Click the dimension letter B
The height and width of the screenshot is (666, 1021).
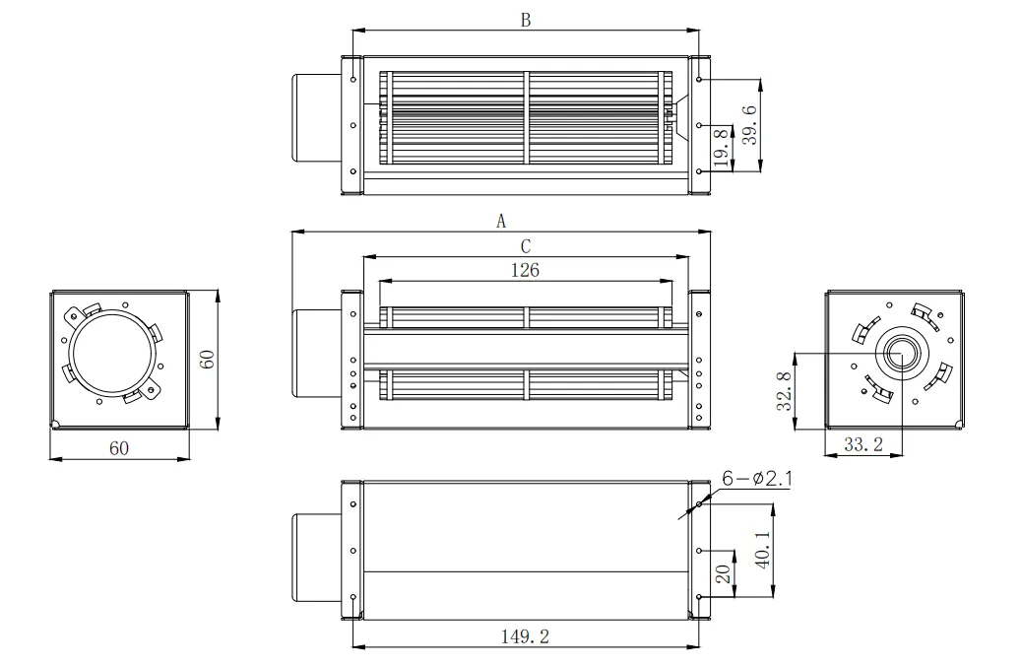point(526,21)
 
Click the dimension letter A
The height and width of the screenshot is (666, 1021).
point(501,222)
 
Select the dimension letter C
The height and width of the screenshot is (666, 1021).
point(526,247)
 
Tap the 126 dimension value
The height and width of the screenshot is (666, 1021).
point(525,270)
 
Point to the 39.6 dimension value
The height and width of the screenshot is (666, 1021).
point(750,125)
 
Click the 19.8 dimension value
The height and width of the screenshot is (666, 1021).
point(721,148)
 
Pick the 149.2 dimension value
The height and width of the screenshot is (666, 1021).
point(525,636)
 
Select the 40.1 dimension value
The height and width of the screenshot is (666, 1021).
point(763,549)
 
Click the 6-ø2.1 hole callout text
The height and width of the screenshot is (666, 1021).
point(757,479)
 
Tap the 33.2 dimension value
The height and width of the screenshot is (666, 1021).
point(863,444)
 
